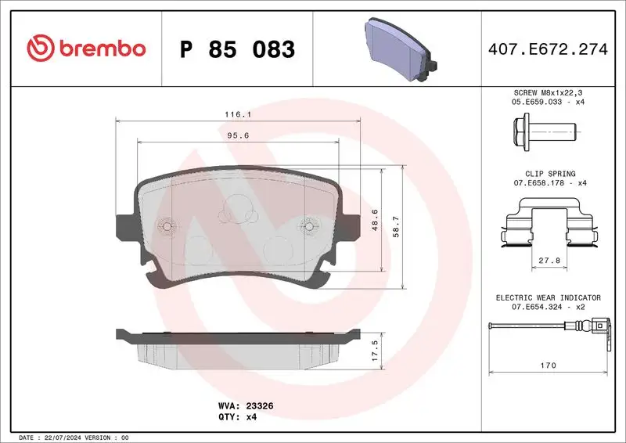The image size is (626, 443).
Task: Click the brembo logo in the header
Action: tap(86, 49)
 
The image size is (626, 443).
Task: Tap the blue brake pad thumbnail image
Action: tap(399, 49)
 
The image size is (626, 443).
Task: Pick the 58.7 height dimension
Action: tap(396, 227)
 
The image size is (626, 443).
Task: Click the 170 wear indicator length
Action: tap(549, 366)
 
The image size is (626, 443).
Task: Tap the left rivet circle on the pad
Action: tap(167, 226)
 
